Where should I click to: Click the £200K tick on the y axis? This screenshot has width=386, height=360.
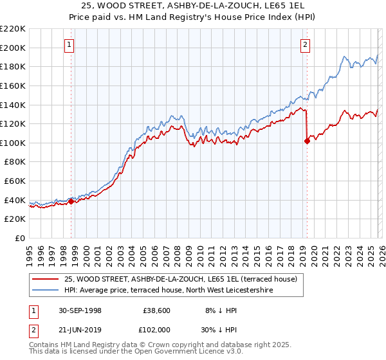[x=14, y=48]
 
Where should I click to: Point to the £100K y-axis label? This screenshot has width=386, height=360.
[x=14, y=143]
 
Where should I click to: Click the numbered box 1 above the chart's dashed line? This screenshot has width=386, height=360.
[x=69, y=45]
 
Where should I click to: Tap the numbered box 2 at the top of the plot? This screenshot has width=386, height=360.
[x=305, y=45]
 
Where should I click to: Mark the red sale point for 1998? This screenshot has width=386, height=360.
[x=71, y=201]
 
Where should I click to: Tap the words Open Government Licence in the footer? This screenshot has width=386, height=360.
[x=182, y=352]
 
